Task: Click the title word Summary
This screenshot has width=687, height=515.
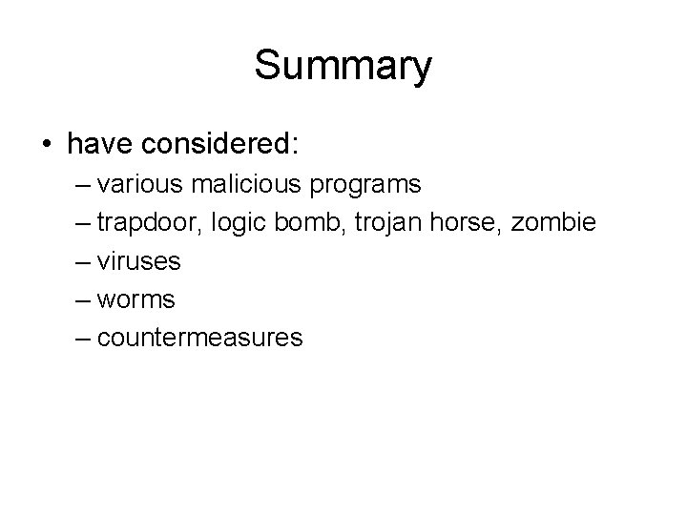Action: pyautogui.click(x=343, y=66)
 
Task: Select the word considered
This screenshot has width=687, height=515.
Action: pyautogui.click(x=225, y=144)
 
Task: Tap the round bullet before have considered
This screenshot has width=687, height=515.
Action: pyautogui.click(x=48, y=145)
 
